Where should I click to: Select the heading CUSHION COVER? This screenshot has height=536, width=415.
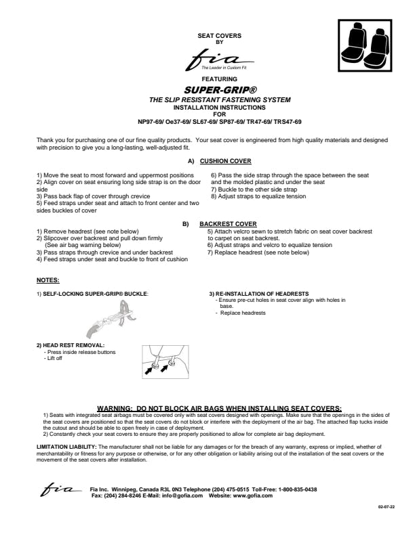pos(226,161)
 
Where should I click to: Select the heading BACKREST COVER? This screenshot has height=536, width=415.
pos(228,223)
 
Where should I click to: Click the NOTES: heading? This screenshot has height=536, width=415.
pos(47,280)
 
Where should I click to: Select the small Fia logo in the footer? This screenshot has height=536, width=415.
pos(61,489)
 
